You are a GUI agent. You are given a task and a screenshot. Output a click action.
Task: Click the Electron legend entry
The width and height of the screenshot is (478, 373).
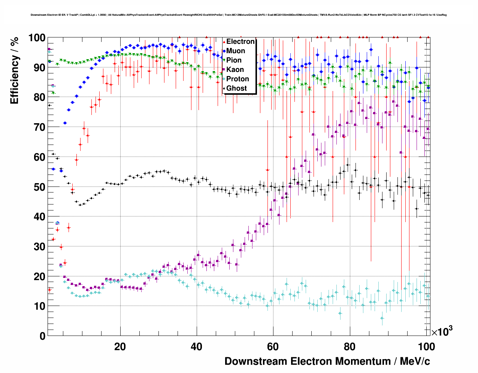click(x=240, y=42)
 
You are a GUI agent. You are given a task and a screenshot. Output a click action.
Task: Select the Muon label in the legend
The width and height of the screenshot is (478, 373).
click(x=236, y=51)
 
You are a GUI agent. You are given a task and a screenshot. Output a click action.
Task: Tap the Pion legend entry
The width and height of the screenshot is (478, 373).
click(x=234, y=60)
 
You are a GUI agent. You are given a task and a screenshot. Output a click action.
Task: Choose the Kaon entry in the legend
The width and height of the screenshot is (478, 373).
click(x=235, y=70)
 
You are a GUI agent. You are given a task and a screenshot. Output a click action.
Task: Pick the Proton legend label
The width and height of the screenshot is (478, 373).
click(x=238, y=79)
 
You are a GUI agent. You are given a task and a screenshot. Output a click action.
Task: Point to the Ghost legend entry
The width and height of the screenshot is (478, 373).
click(x=236, y=88)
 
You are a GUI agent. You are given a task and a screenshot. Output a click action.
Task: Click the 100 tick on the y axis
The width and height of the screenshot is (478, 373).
click(x=37, y=38)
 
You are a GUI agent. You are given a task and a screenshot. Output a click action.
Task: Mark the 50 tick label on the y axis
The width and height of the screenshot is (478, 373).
click(x=39, y=187)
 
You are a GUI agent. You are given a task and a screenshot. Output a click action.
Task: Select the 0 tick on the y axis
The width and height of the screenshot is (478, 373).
click(x=42, y=336)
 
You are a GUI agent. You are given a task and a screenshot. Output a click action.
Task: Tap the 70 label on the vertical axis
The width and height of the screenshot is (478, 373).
click(x=39, y=127)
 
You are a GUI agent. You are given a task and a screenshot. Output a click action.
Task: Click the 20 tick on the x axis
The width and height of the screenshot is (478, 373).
click(x=120, y=347)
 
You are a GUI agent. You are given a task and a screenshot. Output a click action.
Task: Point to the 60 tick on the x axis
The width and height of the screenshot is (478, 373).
click(x=273, y=347)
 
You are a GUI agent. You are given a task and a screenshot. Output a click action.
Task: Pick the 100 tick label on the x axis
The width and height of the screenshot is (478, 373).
click(x=426, y=347)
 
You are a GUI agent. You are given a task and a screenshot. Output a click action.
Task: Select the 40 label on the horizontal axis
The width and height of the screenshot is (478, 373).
click(x=197, y=347)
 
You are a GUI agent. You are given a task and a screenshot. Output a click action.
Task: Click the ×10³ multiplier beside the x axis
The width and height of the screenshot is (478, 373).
click(x=442, y=332)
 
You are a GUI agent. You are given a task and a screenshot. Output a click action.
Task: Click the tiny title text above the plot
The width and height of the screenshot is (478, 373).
click(x=238, y=15)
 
